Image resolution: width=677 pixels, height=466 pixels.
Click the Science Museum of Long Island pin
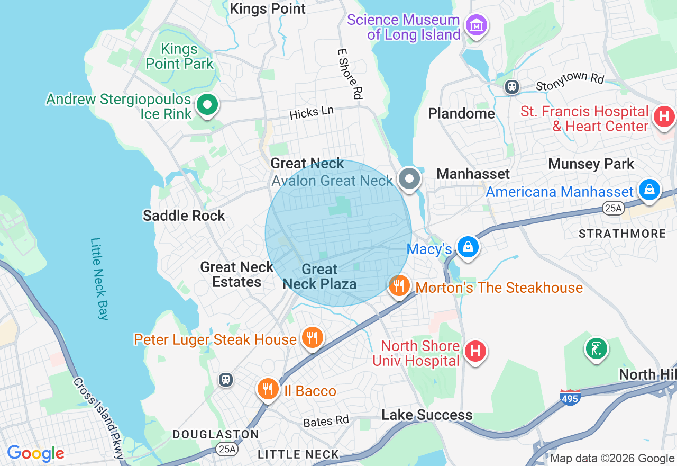[476, 24]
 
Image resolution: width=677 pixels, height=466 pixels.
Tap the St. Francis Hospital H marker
[664, 116]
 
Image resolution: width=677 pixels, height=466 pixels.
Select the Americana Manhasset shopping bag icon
[649, 189]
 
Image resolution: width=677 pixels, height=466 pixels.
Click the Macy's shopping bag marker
[468, 246]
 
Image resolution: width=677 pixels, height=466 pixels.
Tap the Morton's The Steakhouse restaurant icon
[399, 286]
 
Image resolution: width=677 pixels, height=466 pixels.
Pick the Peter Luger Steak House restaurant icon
[313, 337]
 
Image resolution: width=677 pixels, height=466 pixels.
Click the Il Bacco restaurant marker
[268, 389]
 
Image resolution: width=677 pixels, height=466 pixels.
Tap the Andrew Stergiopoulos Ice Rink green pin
[207, 104]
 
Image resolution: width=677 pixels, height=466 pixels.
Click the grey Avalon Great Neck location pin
[409, 178]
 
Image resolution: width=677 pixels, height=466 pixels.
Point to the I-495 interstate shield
[570, 397]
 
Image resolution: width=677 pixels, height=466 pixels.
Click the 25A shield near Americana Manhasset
[613, 209]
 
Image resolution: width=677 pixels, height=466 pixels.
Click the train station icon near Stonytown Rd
[511, 87]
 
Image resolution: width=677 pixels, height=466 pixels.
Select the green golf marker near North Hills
[596, 348]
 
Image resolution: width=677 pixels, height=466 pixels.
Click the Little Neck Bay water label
[99, 279]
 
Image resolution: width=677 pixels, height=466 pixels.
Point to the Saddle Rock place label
[184, 216]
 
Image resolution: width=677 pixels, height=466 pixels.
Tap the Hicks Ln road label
[312, 112]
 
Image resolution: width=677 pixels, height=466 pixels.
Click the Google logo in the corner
[35, 453]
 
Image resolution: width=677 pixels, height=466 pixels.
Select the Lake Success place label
[427, 415]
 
